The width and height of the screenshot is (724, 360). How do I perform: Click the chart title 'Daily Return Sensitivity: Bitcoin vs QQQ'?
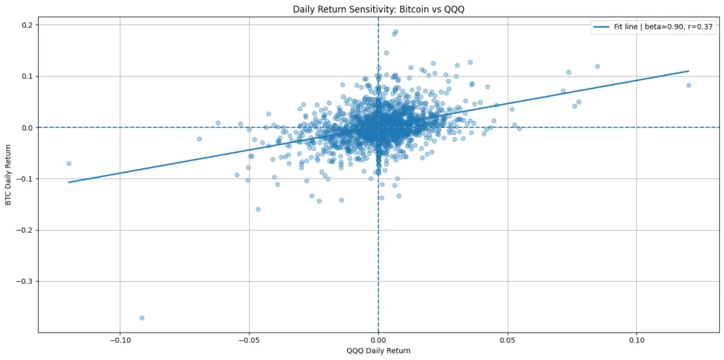378,9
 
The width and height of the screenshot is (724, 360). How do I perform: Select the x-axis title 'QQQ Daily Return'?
378,351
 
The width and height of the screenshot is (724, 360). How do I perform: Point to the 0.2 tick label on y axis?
27,25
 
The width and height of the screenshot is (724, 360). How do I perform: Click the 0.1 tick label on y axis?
27,76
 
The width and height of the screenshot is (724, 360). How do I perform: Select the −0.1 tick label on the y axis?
24,179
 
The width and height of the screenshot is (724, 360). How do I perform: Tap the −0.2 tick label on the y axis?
24,231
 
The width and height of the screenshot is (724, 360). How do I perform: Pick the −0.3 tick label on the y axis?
24,281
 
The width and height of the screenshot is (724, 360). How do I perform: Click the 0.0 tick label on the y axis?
27,127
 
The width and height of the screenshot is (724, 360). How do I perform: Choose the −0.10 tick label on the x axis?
119,339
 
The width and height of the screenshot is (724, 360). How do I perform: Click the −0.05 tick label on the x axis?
249,339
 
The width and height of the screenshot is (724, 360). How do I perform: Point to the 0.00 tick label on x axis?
378,339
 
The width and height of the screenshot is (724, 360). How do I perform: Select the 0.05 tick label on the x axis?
508,339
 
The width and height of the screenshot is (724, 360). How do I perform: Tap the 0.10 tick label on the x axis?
636,339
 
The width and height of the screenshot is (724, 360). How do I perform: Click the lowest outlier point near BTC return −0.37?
142,318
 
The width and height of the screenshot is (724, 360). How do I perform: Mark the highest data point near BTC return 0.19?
395,32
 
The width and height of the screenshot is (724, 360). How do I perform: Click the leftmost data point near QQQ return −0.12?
69,163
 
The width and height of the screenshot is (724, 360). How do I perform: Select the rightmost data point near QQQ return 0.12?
689,85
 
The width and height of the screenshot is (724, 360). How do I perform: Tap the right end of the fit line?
688,71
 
